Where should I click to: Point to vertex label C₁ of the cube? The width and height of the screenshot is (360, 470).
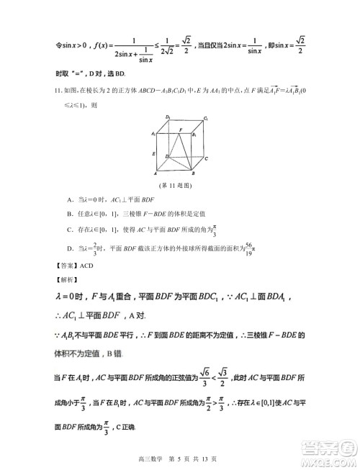point(206,117)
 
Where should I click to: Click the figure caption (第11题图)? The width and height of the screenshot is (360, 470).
point(179,185)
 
